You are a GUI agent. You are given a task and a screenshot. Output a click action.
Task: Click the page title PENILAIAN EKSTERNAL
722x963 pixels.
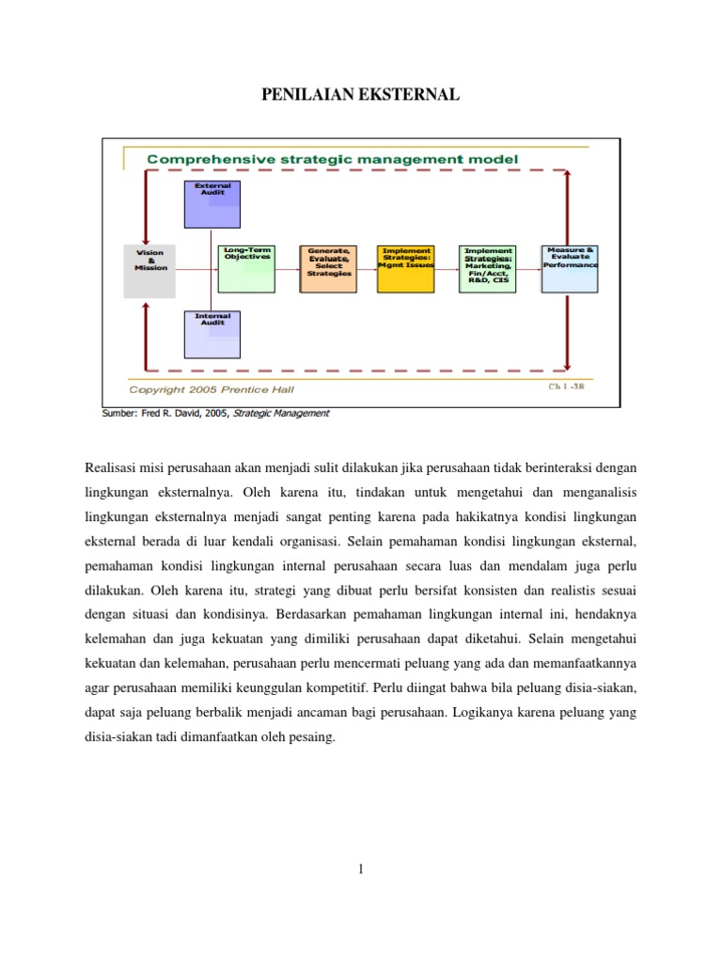tap(360, 94)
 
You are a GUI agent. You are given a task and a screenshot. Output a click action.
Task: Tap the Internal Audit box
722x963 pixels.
tap(212, 335)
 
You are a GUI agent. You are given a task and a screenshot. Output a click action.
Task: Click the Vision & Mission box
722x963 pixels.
tap(149, 272)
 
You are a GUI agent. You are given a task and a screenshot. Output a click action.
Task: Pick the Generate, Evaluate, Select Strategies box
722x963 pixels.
tap(328, 268)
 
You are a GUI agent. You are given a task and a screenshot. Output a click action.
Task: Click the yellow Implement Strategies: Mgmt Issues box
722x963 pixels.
tap(407, 268)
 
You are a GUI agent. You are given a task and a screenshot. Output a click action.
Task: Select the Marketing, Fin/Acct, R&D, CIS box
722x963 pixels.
tap(489, 268)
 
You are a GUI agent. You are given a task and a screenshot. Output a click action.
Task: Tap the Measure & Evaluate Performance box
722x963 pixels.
tap(570, 268)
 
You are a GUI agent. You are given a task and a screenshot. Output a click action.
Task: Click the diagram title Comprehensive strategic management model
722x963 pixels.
tap(332, 160)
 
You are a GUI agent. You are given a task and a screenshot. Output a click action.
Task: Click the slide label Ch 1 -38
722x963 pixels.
tap(566, 387)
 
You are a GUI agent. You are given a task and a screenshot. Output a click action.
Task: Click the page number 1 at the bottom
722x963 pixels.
tap(360, 870)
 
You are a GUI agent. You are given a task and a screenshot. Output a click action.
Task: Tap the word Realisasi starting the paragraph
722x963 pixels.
tap(113, 466)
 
